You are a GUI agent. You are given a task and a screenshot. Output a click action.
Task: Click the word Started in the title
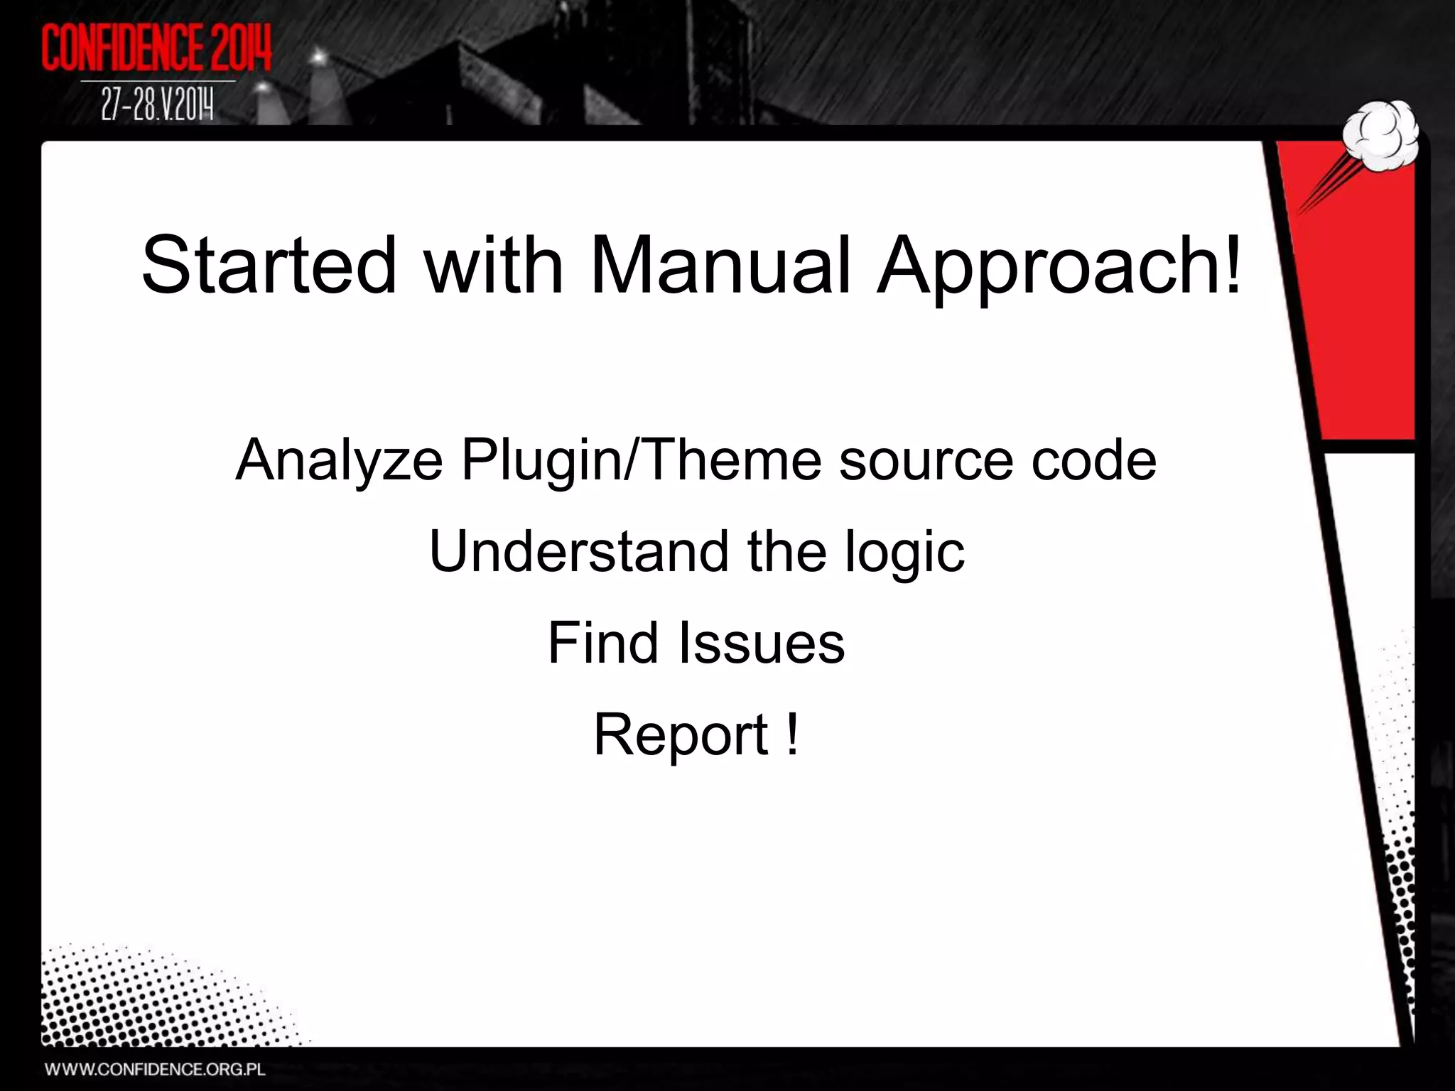click(x=269, y=266)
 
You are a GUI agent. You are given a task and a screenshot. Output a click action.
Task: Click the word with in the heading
click(x=494, y=266)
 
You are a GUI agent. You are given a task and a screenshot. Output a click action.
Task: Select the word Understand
click(x=579, y=551)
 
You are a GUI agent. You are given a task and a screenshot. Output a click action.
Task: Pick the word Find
click(x=602, y=643)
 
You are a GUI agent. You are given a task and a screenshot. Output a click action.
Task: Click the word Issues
click(x=762, y=643)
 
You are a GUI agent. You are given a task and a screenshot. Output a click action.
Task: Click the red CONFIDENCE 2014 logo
click(x=157, y=48)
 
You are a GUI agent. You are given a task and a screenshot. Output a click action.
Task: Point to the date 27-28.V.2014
click(x=157, y=107)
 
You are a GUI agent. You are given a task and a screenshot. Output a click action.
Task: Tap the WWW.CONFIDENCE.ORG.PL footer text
click(x=156, y=1069)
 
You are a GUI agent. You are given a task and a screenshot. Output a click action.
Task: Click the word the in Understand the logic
click(x=786, y=551)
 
